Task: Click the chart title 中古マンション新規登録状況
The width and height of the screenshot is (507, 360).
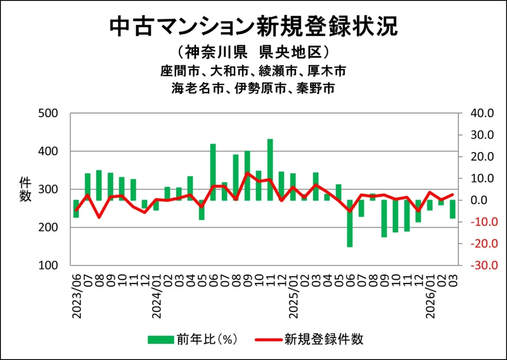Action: [253, 27]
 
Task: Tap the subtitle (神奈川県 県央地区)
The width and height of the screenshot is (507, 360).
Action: [253, 51]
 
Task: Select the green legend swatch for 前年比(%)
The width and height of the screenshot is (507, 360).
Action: [160, 339]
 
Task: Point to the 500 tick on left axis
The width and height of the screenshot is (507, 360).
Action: [48, 113]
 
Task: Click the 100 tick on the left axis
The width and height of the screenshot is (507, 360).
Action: [48, 265]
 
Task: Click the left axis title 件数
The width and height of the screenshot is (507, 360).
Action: [25, 189]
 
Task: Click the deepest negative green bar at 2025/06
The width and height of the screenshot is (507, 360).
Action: [350, 223]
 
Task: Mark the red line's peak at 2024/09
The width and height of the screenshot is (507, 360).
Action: [247, 173]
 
